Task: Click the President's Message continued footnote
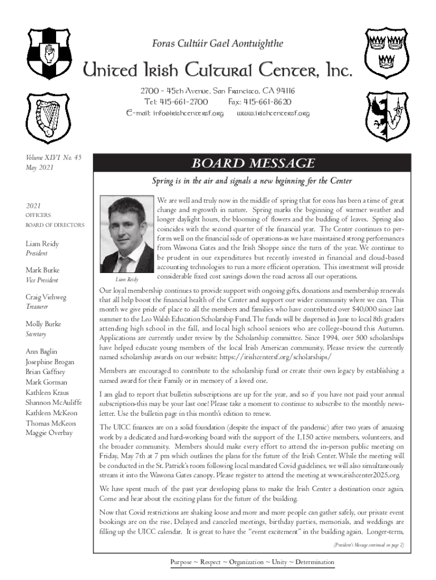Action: [367, 545]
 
